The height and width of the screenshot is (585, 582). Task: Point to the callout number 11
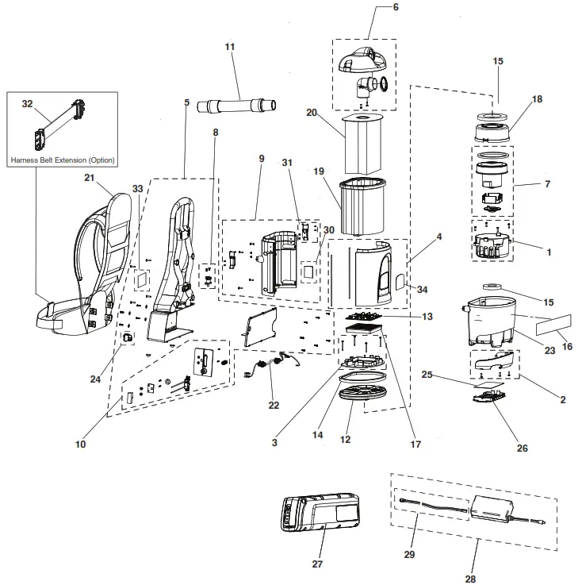pos(230,48)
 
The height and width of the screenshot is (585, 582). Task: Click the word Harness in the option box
pos(25,160)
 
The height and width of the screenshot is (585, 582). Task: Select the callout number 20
pos(312,113)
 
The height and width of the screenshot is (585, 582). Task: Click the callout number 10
pos(80,445)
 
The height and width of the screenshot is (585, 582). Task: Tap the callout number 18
pos(537,99)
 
